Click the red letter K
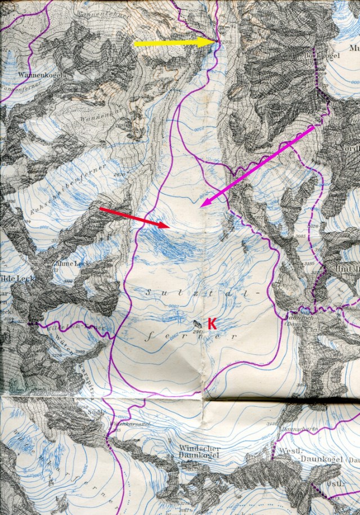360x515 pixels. pos(212,323)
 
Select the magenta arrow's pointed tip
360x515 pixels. pos(201,206)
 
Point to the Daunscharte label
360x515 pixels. pos(304,428)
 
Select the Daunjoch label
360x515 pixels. pos(304,318)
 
